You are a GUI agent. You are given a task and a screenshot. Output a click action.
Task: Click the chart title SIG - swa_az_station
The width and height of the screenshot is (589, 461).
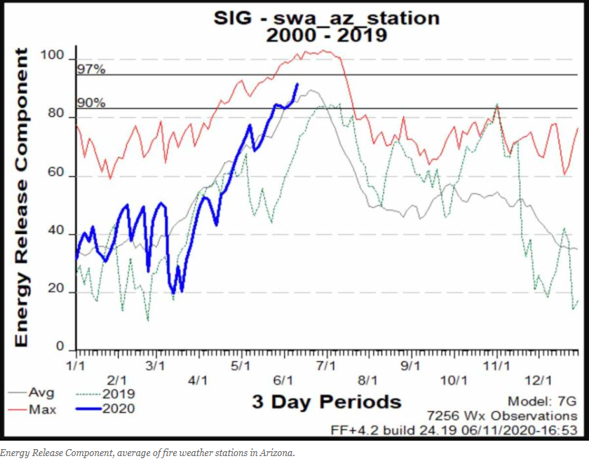[326, 18]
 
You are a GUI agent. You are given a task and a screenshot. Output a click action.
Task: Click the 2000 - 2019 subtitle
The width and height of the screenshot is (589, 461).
[326, 34]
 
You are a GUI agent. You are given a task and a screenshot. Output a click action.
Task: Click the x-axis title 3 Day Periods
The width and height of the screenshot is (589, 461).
[326, 401]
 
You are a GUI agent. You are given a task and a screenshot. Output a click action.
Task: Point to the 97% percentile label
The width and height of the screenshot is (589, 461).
[91, 69]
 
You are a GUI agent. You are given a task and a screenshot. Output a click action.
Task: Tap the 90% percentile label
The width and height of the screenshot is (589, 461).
[91, 103]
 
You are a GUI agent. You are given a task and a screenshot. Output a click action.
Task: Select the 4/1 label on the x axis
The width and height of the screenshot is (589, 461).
[199, 380]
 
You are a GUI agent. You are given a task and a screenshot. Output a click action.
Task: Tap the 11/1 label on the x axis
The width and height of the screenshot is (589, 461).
[497, 366]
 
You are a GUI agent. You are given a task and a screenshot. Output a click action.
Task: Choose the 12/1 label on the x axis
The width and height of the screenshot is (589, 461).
[539, 380]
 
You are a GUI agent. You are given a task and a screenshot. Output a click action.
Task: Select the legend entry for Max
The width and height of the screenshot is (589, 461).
[42, 409]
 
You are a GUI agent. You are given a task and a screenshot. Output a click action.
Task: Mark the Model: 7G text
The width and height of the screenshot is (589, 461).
[543, 401]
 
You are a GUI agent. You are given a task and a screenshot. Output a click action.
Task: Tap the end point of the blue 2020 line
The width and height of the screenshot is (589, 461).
[297, 84]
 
